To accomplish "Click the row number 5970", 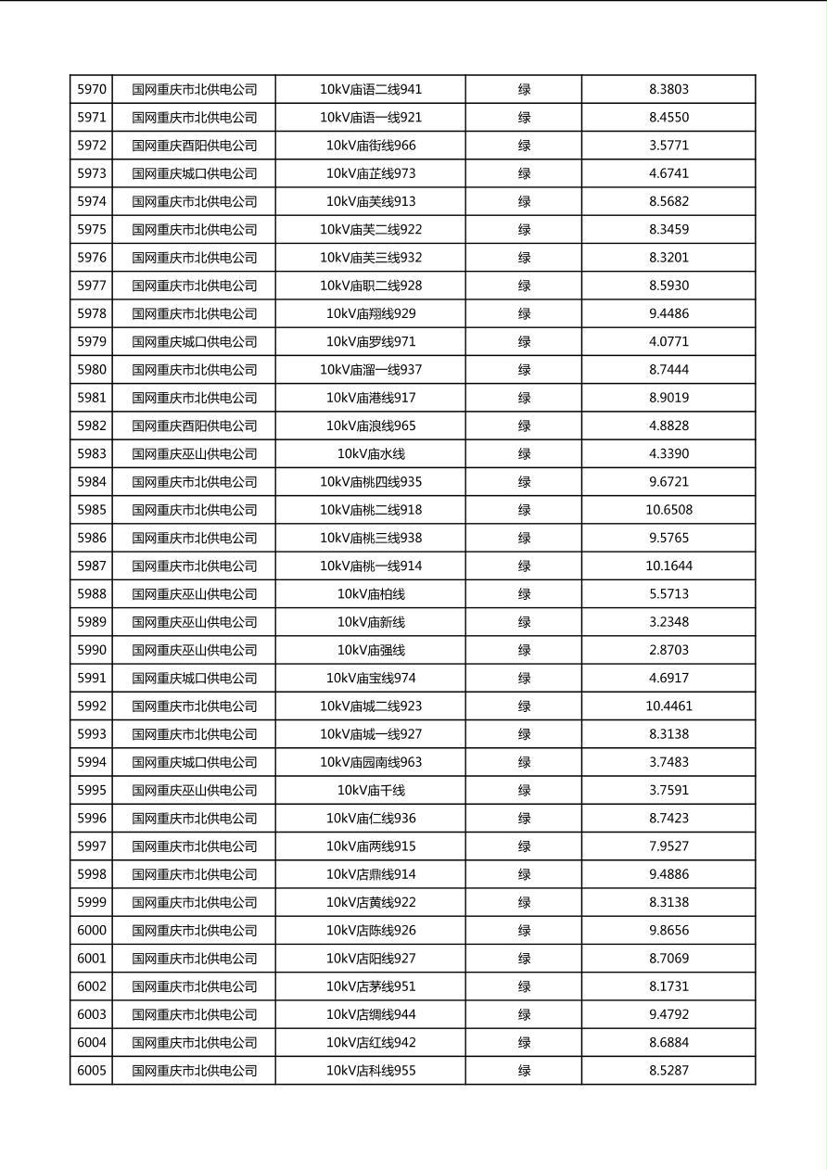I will click(x=92, y=90).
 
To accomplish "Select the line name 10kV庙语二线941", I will click(x=371, y=90).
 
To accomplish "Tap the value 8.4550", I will click(x=668, y=118).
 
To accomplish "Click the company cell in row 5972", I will click(x=194, y=146).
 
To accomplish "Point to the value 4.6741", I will click(x=668, y=173).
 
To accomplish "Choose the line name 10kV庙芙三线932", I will click(x=371, y=258).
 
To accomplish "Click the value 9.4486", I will click(x=668, y=313).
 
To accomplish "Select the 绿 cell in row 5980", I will click(x=524, y=370).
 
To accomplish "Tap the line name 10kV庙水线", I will click(x=371, y=454).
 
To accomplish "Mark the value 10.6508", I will click(x=668, y=510).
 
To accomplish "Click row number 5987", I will click(x=92, y=566).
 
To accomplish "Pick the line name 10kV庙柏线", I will click(x=371, y=594).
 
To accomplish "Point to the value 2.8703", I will click(x=668, y=650).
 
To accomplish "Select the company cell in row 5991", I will click(x=194, y=678).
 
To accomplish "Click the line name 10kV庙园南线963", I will click(x=371, y=762).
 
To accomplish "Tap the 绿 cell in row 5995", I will click(x=524, y=790).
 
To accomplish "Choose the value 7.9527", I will click(x=668, y=846).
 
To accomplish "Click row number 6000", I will click(x=92, y=930).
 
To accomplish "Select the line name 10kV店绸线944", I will click(x=371, y=1014).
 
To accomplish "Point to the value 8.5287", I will click(x=668, y=1070).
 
